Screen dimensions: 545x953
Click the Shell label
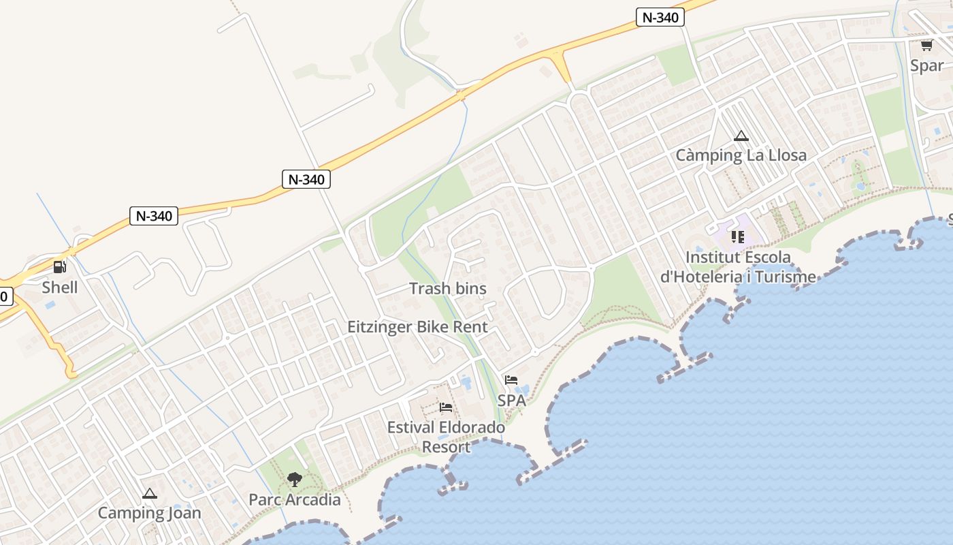pyautogui.click(x=60, y=287)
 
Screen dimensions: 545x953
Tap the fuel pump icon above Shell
pyautogui.click(x=60, y=267)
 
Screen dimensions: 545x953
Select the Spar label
pyautogui.click(x=927, y=65)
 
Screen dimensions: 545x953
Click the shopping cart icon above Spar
pyautogui.click(x=926, y=46)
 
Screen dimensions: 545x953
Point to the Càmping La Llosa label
pyautogui.click(x=741, y=155)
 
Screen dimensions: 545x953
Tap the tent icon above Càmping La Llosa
pyautogui.click(x=741, y=136)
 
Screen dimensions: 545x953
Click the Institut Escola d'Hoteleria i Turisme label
pyautogui.click(x=738, y=267)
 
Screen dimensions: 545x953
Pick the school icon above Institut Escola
pyautogui.click(x=737, y=237)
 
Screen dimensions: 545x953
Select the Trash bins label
pyautogui.click(x=448, y=288)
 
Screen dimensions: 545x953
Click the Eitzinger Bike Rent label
pyautogui.click(x=417, y=326)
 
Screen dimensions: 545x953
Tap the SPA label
pyautogui.click(x=511, y=400)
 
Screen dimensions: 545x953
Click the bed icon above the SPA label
pyautogui.click(x=511, y=380)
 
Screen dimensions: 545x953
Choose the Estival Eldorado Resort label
pyautogui.click(x=446, y=437)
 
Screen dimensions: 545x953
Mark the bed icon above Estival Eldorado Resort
pyautogui.click(x=446, y=407)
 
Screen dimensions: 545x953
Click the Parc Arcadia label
pyautogui.click(x=294, y=499)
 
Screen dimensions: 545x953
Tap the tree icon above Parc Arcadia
pyautogui.click(x=294, y=480)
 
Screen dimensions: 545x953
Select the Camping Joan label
pyautogui.click(x=149, y=513)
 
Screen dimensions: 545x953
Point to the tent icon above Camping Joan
pyautogui.click(x=150, y=493)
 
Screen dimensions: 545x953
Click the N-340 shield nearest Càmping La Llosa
pyautogui.click(x=660, y=18)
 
